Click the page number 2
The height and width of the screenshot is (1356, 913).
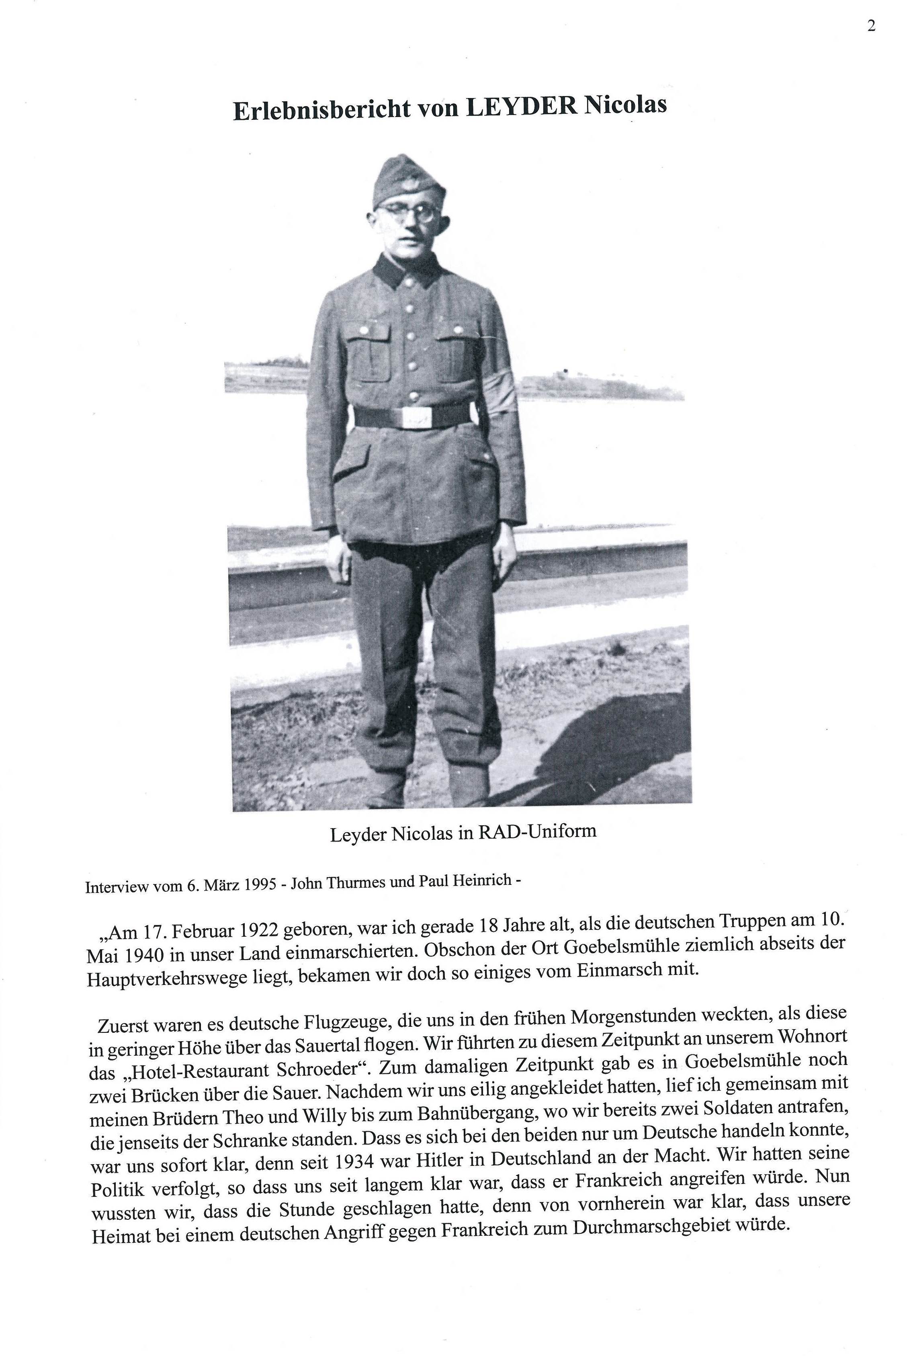[x=871, y=26]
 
